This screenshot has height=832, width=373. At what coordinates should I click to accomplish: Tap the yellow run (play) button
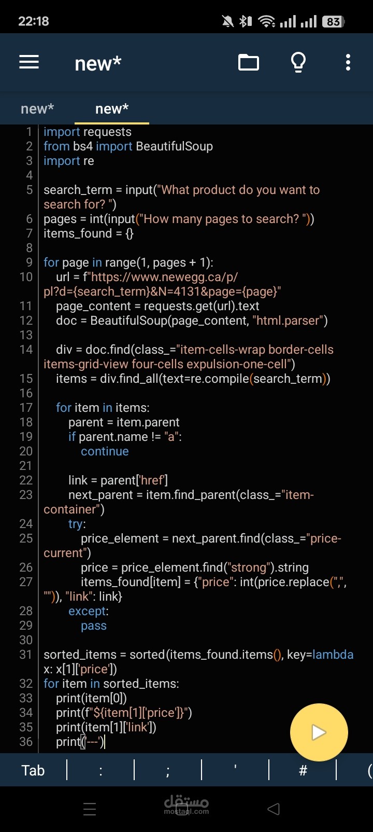click(319, 732)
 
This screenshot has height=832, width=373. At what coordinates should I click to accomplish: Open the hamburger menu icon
click(29, 62)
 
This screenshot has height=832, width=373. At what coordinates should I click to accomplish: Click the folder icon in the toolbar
click(248, 62)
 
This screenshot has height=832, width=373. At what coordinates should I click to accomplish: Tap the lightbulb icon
click(298, 62)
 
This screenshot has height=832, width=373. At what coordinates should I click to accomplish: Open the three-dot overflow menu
click(348, 62)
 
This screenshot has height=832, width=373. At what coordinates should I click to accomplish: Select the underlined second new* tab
click(112, 109)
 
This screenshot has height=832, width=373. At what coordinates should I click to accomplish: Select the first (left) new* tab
click(37, 109)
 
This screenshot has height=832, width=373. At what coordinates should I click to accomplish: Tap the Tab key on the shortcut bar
click(33, 770)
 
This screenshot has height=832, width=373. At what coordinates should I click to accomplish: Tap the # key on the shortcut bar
click(303, 770)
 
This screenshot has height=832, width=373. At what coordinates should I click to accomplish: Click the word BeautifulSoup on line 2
click(175, 146)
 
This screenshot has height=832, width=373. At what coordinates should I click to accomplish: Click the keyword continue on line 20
click(105, 451)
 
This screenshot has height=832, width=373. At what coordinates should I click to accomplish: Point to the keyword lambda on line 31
click(333, 655)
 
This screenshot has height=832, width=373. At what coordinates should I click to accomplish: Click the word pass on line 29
click(94, 626)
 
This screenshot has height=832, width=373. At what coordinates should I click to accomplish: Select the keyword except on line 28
click(88, 612)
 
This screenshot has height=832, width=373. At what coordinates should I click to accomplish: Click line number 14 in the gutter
click(26, 350)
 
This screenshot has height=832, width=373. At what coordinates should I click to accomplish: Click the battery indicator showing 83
click(333, 22)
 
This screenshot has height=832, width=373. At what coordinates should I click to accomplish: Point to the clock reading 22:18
click(33, 21)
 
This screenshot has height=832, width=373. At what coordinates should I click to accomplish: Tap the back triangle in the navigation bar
click(274, 809)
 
